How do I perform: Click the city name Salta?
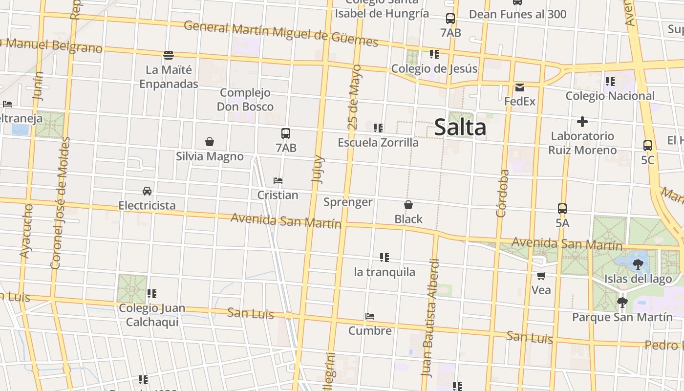point(460,128)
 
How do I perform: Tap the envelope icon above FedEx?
point(519,88)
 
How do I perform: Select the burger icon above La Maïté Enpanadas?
point(169,54)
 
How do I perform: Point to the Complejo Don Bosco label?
point(245,100)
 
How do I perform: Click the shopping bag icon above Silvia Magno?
point(210,142)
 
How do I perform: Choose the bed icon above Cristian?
point(278,181)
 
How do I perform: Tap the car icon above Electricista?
point(147,191)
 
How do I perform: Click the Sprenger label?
point(348,202)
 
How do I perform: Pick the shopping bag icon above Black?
point(408,205)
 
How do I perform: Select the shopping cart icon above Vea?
point(541,276)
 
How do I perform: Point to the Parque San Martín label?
point(622,317)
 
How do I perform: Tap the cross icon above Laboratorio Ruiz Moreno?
point(582,122)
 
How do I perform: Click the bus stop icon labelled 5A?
point(562,209)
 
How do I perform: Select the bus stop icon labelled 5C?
point(647,145)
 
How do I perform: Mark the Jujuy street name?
point(318,169)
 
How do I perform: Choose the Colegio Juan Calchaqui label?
point(152,315)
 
